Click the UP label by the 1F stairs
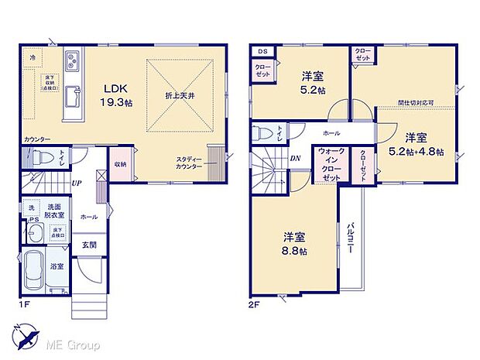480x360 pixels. click(x=77, y=183)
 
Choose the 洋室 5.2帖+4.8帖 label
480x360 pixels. click(x=417, y=144)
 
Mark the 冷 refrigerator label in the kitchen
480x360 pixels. click(x=33, y=57)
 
